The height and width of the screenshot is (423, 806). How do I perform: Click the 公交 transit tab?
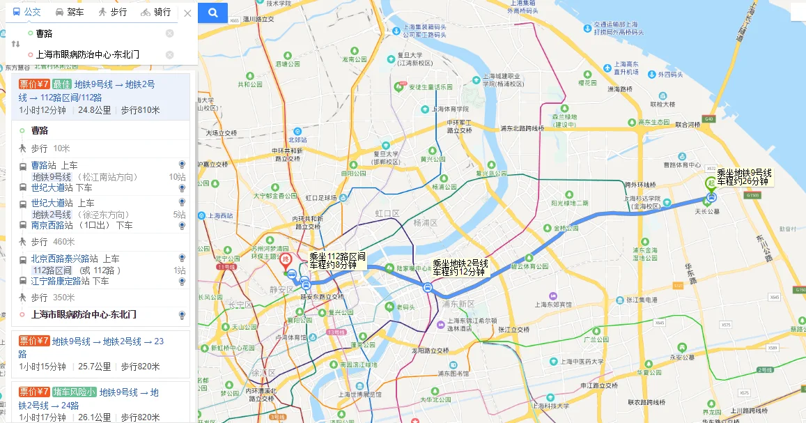(27, 12)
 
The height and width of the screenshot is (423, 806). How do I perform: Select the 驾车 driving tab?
(70, 12)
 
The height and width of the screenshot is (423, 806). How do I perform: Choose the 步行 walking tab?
(112, 12)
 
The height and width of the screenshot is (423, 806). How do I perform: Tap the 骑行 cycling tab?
(155, 12)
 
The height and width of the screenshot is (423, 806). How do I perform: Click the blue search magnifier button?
(212, 13)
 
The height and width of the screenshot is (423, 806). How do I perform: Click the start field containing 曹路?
(98, 33)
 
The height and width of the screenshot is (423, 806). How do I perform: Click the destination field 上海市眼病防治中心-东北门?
(98, 54)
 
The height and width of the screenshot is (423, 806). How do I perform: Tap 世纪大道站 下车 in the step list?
(61, 187)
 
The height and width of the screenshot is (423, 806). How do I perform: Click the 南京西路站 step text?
(53, 225)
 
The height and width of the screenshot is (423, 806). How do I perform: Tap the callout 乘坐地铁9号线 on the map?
(744, 177)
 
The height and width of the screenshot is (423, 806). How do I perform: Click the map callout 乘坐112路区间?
(338, 261)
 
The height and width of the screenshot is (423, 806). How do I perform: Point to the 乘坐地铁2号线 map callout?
(460, 268)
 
